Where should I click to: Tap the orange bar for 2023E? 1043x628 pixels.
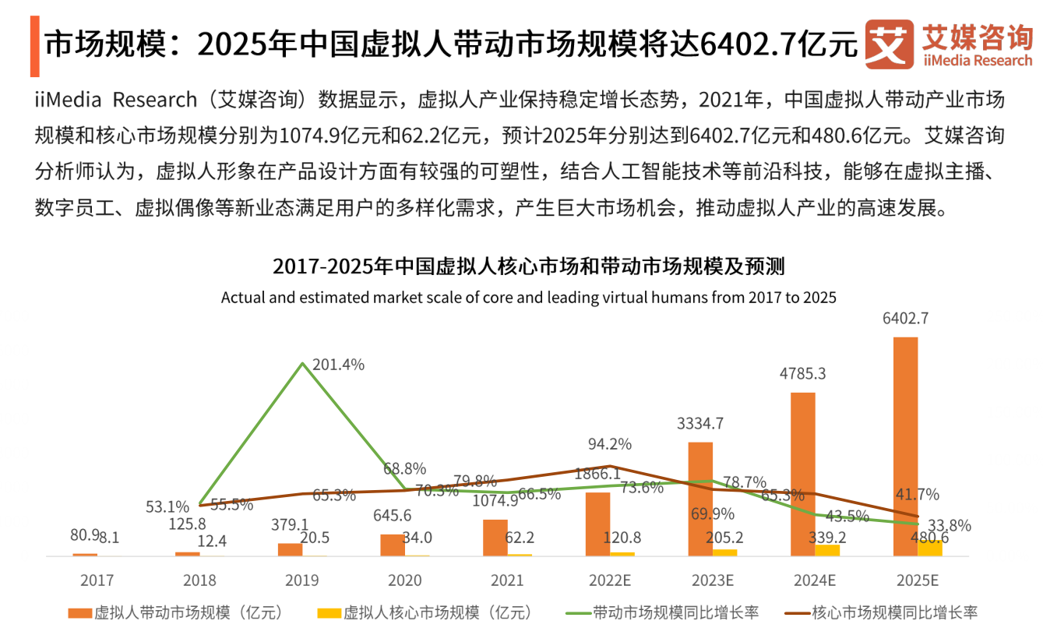click(x=700, y=499)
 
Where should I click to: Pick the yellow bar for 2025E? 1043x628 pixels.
click(x=929, y=548)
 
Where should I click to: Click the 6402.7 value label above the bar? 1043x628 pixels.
click(x=905, y=319)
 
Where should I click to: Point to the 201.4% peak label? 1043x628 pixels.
click(x=338, y=364)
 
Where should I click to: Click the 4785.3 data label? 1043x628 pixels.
click(x=802, y=374)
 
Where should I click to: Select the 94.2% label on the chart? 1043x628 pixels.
click(x=609, y=444)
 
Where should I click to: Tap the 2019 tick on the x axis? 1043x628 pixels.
click(x=302, y=580)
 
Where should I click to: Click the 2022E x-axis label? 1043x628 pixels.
click(x=610, y=580)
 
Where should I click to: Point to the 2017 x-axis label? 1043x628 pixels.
click(x=97, y=580)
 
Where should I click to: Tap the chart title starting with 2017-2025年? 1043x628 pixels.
click(x=528, y=266)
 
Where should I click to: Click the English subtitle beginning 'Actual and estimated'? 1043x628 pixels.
click(x=528, y=297)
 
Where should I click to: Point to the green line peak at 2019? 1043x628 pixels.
click(x=302, y=364)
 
